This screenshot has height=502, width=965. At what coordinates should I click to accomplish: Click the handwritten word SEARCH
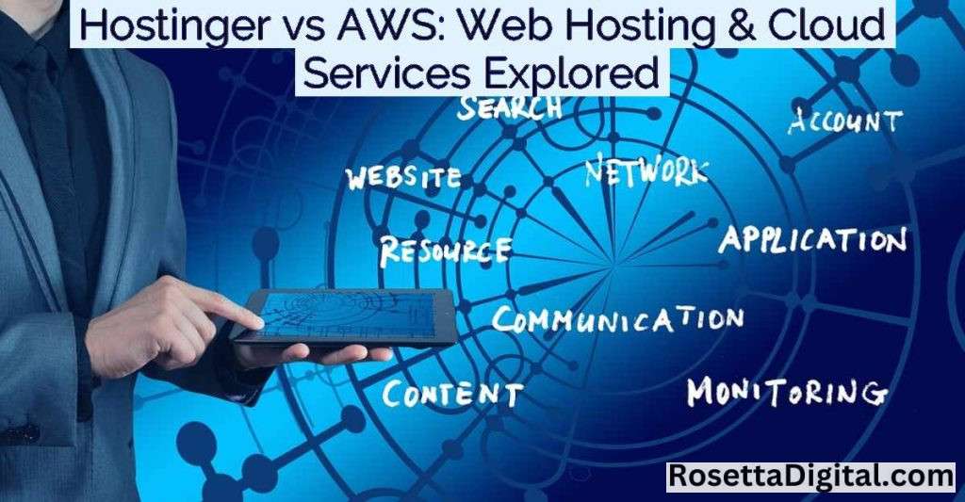[x=509, y=106]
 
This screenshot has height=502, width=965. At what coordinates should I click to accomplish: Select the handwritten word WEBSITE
[x=403, y=178]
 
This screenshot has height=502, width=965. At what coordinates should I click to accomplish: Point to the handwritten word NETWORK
[x=646, y=170]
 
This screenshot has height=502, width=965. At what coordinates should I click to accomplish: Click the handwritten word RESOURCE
[x=445, y=251]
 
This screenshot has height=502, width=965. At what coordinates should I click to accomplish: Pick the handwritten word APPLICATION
[x=813, y=239]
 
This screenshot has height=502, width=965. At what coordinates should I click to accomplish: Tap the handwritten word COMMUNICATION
[x=617, y=320]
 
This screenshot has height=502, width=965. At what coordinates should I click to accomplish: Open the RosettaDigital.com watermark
[x=812, y=477]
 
